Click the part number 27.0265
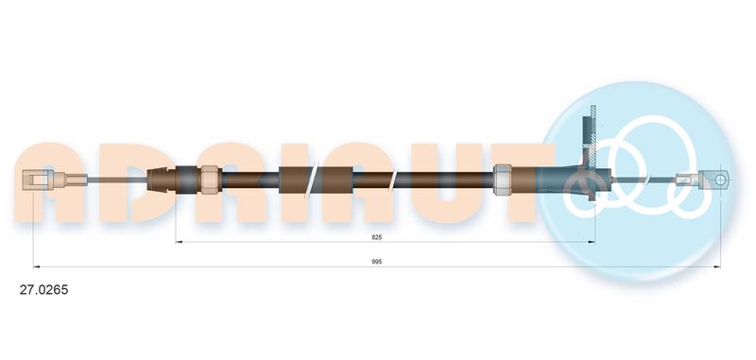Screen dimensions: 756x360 pyautogui.click(x=43, y=290)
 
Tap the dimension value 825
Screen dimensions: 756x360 pyautogui.click(x=376, y=237)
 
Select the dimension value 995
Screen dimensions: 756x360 pyautogui.click(x=376, y=262)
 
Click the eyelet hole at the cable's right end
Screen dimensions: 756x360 pyautogui.click(x=719, y=180)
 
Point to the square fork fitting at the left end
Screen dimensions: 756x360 pyautogui.click(x=36, y=180)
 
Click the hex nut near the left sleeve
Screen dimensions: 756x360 pyautogui.click(x=209, y=180)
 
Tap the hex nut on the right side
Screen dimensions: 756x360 pyautogui.click(x=503, y=180)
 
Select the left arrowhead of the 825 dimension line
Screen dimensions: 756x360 pyautogui.click(x=179, y=242)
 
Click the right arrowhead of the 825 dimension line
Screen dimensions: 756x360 pyautogui.click(x=592, y=242)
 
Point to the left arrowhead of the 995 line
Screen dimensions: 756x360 pyautogui.click(x=37, y=266)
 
